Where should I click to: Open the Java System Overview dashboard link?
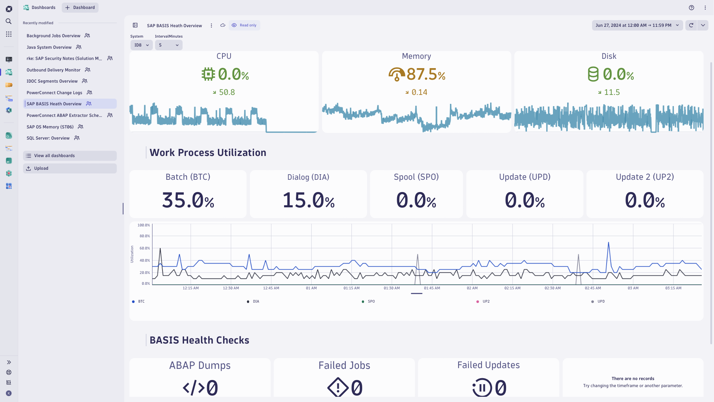(49, 47)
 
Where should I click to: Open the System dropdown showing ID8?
(141, 45)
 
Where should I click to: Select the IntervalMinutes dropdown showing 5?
(168, 45)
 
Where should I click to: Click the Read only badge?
(244, 25)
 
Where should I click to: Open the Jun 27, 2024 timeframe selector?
(637, 25)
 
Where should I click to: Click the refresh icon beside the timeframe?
(691, 25)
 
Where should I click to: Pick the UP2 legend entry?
(486, 301)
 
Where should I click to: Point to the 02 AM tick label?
(472, 288)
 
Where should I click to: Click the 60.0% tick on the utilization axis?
(144, 248)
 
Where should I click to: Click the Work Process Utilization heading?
(208, 153)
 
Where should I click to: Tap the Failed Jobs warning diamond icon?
(338, 387)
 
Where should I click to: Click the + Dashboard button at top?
(80, 7)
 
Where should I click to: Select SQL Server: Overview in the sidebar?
(48, 138)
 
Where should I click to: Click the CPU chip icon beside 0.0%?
(208, 74)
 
